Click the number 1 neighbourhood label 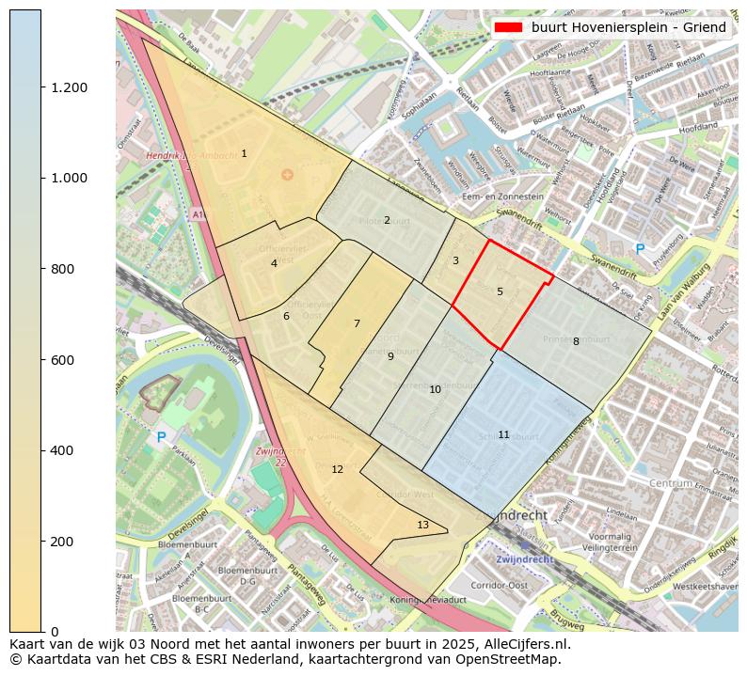coord(244,153)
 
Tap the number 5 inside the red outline coord(500,291)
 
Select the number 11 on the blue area coord(503,434)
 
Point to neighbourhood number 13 coord(422,525)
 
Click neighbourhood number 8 coord(576,341)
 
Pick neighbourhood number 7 coord(357,323)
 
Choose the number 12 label coord(337,469)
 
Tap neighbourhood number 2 coord(387,220)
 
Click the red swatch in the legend coord(508,27)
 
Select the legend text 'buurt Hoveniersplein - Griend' coord(628,27)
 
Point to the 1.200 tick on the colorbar coord(69,87)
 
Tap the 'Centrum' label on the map coord(670,482)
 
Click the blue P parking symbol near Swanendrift coord(640,249)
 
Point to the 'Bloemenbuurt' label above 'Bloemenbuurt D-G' coord(188,543)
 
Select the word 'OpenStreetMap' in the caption coord(513,659)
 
